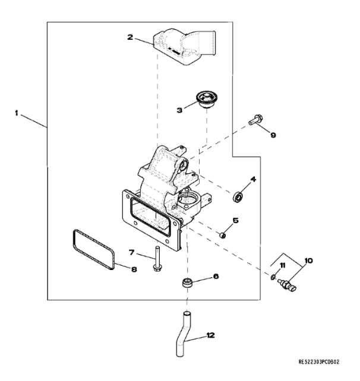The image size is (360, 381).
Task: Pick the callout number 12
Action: click(210, 335)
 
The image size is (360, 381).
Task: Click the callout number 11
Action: click(283, 265)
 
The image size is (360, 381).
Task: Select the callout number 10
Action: click(309, 260)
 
